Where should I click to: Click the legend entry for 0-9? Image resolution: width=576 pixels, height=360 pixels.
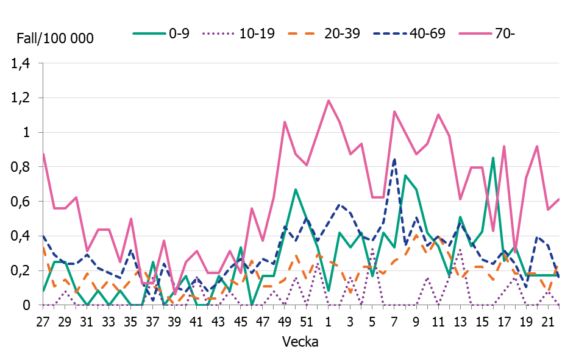[162, 34]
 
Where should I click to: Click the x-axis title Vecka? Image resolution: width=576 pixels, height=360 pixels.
[300, 342]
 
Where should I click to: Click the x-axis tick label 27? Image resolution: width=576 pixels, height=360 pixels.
[43, 320]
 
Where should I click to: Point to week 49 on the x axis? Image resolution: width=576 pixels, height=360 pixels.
[285, 320]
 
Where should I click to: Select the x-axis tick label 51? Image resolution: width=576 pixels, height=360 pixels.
[307, 320]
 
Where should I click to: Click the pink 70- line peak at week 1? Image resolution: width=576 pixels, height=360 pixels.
[329, 101]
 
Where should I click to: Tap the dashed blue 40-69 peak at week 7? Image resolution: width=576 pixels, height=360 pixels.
[394, 159]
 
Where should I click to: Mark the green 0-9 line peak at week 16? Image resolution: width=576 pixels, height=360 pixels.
[493, 158]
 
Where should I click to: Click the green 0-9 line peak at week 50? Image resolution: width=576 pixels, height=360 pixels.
[296, 189]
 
